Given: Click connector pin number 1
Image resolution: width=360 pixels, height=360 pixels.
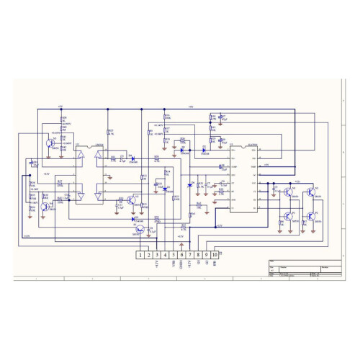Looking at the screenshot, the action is pyautogui.click(x=140, y=254).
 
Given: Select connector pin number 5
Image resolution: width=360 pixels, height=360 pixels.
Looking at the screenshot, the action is pyautogui.click(x=174, y=254).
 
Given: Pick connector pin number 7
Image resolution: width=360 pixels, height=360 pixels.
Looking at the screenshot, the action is pyautogui.click(x=190, y=254).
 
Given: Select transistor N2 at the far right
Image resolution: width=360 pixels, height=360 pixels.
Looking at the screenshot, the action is pyautogui.click(x=310, y=192).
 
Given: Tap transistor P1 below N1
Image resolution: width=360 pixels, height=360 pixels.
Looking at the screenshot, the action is pyautogui.click(x=289, y=216).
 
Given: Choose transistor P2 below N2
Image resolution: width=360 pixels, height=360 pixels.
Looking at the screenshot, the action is pyautogui.click(x=310, y=216).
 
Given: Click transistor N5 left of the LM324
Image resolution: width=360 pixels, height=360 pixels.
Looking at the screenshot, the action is pyautogui.click(x=48, y=143).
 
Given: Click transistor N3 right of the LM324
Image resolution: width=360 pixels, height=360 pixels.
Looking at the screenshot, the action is pyautogui.click(x=131, y=199).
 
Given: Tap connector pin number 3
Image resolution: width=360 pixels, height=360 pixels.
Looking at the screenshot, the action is pyautogui.click(x=157, y=254).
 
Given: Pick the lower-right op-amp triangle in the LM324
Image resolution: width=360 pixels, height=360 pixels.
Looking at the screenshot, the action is pyautogui.click(x=100, y=193).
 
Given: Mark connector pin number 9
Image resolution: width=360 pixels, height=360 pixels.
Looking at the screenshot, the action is pyautogui.click(x=207, y=254).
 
